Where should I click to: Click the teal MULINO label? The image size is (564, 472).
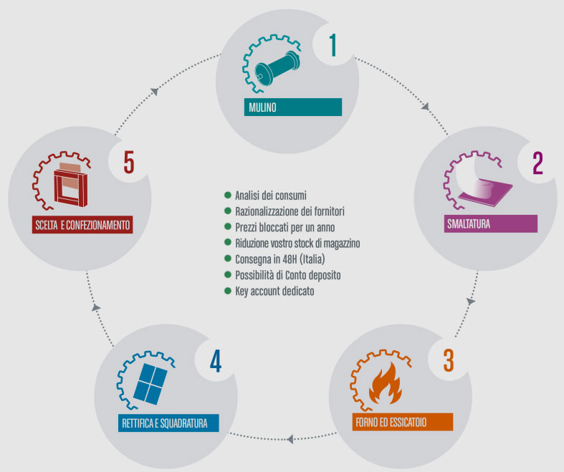coord(293,107)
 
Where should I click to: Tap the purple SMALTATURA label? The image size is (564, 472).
coord(491,223)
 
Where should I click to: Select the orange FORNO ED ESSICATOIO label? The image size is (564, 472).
coord(403,422)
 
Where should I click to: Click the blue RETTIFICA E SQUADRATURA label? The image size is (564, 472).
coord(168,423)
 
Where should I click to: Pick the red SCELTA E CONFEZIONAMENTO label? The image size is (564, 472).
coord(82,225)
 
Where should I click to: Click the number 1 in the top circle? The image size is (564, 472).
coord(333,45)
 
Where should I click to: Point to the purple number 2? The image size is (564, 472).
coord(537,163)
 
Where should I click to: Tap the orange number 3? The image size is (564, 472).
coord(449,360)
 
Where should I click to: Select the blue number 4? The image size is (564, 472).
coord(216,361)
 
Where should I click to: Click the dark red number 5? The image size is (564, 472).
coord(129,163)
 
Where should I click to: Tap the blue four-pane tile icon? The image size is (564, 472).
coord(150,384)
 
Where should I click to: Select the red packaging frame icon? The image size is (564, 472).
coord(71,185)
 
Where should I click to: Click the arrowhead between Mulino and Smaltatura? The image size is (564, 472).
coord(426,107)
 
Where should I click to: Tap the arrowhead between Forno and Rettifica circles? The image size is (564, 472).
coord(290,439)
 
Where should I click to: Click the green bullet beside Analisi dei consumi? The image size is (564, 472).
coord(227,196)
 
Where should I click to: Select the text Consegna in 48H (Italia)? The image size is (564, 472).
coord(279,259)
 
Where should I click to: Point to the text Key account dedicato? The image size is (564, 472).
coord(274,291)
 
